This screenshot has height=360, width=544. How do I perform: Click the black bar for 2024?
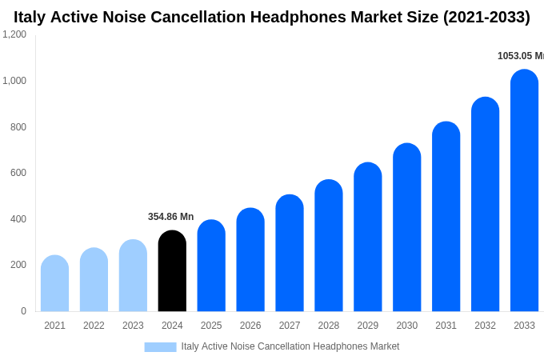pyautogui.click(x=172, y=272)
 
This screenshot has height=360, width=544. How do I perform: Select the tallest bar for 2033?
pyautogui.click(x=524, y=192)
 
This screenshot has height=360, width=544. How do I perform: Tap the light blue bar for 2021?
pyautogui.click(x=54, y=284)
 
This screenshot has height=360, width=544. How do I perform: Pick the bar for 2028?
pyautogui.click(x=329, y=246)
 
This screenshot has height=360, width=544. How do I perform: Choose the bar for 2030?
pyautogui.click(x=406, y=228)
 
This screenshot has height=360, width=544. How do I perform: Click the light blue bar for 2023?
pyautogui.click(x=133, y=276)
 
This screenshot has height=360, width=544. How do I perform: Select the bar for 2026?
pyautogui.click(x=250, y=260)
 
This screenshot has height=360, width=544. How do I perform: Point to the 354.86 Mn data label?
pyautogui.click(x=170, y=217)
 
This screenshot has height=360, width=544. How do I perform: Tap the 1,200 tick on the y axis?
pyautogui.click(x=14, y=34)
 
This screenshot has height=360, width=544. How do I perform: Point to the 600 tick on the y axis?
pyautogui.click(x=18, y=173)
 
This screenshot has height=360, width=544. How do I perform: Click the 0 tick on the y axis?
pyautogui.click(x=23, y=311)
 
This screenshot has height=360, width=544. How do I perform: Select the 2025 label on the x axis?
pyautogui.click(x=211, y=326)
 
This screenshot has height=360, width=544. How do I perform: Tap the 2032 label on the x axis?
pyautogui.click(x=485, y=326)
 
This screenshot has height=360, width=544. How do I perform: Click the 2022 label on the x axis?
pyautogui.click(x=94, y=326)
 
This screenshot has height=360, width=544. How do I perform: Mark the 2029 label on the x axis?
pyautogui.click(x=368, y=326)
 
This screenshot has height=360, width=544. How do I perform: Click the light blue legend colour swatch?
pyautogui.click(x=160, y=346)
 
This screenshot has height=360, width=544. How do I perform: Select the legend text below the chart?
pyautogui.click(x=290, y=346)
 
